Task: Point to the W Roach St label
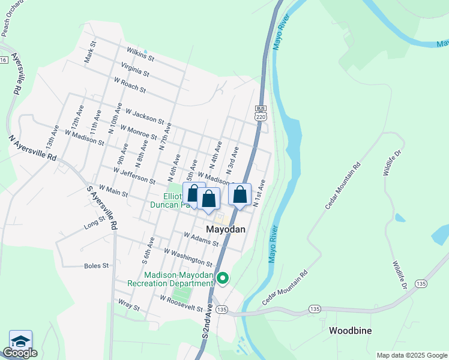coord(129,85)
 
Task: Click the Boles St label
coord(97,265)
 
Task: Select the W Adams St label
coord(201,239)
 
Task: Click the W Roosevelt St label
coord(181,303)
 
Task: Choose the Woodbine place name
coord(351,331)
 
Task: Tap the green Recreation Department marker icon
coord(223,278)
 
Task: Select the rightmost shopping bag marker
coord(240,194)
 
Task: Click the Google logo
coord(20,353)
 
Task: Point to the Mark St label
coord(90,52)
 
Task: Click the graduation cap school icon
coord(20,340)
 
